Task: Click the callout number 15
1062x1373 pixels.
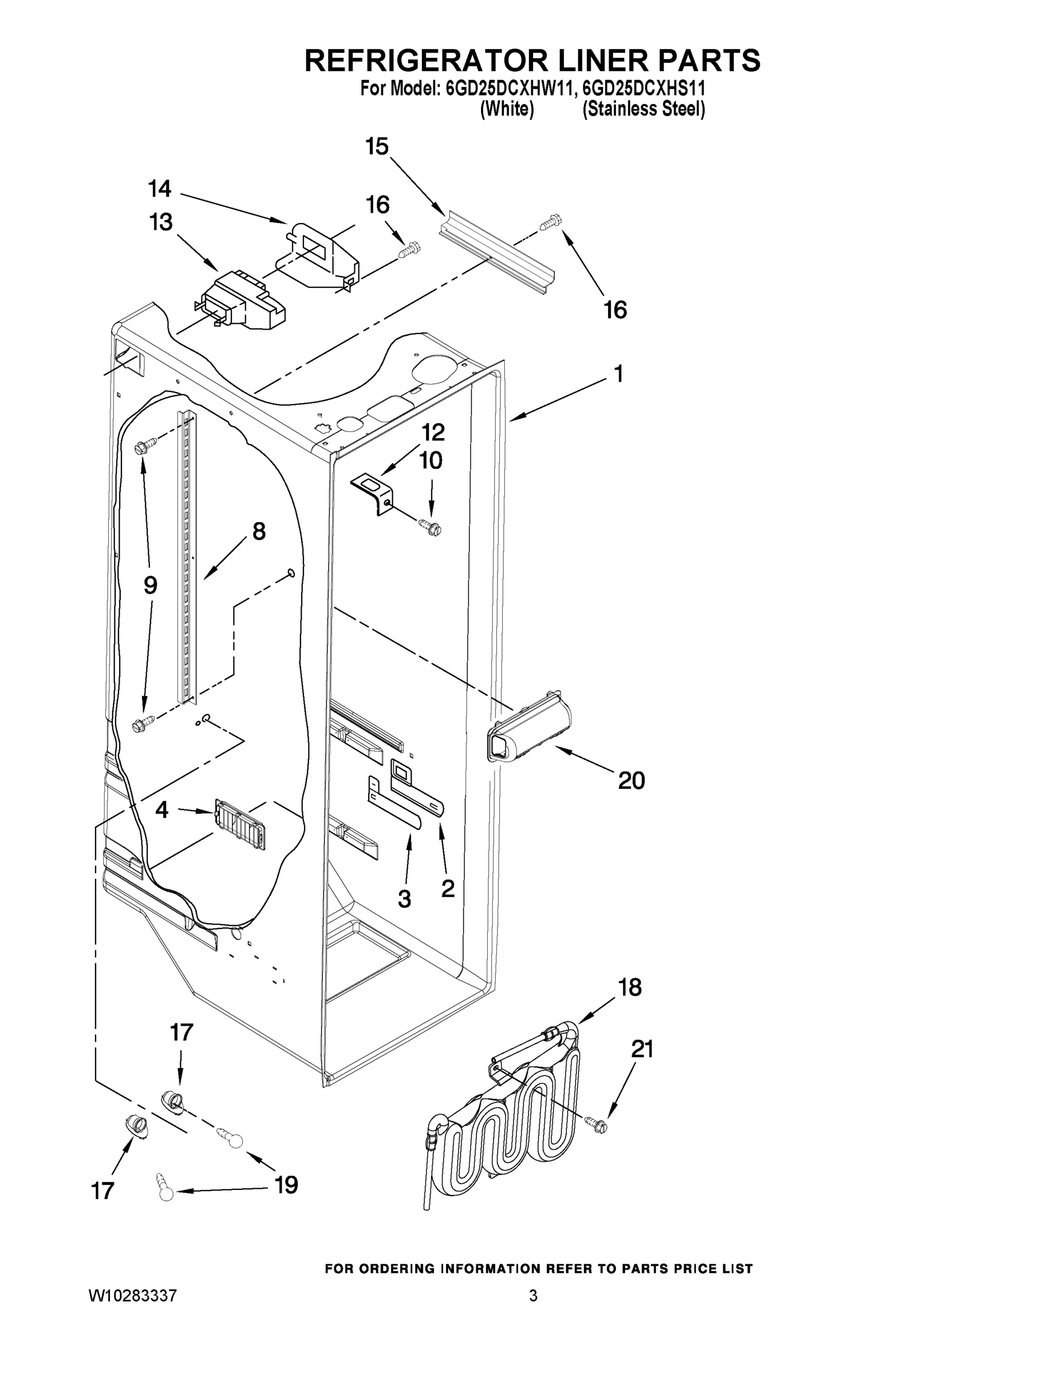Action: (377, 146)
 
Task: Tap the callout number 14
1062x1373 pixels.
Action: (160, 188)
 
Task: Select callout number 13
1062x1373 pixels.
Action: (161, 222)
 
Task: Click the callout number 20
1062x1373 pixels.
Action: (631, 780)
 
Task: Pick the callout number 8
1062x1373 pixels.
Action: (259, 532)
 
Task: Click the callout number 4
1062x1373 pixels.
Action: (161, 809)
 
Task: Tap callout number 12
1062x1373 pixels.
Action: (433, 432)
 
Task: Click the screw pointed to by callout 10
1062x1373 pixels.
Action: (432, 526)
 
